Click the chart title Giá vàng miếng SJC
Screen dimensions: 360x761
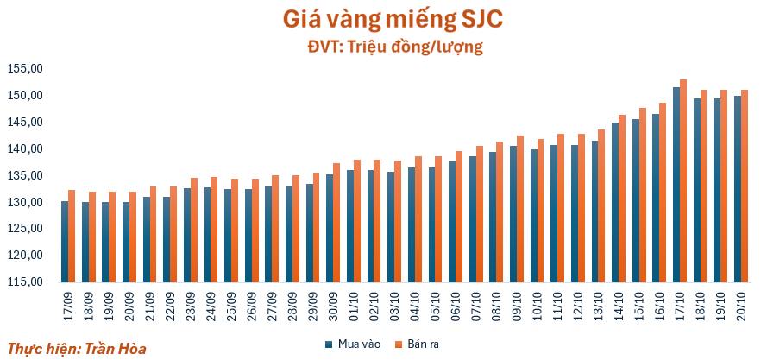(380, 18)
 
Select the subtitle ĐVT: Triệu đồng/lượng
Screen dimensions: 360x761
(380, 46)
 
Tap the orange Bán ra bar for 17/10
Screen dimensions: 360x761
(682, 181)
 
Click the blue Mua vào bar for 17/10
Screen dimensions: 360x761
(676, 185)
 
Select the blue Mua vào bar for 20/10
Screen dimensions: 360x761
(737, 189)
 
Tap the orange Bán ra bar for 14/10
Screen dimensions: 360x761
(621, 199)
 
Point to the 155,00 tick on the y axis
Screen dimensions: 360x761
(25, 68)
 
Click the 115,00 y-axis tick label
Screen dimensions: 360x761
(25, 282)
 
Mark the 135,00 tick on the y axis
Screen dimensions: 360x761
(25, 175)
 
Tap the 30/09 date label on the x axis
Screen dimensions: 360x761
(331, 305)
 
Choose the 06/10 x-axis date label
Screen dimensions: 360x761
(454, 305)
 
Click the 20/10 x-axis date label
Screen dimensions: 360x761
(739, 305)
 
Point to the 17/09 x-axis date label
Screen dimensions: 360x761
(66, 305)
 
